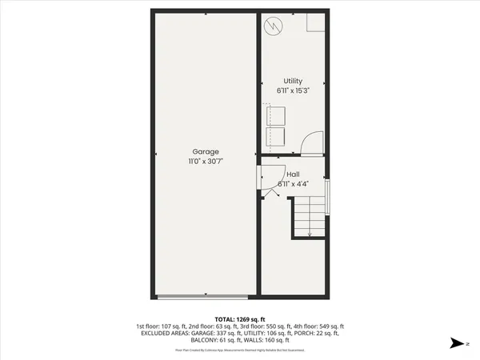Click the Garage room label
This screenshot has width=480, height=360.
[x=205, y=151]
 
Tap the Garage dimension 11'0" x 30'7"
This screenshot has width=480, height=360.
[x=205, y=161]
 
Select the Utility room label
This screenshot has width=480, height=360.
[x=293, y=81]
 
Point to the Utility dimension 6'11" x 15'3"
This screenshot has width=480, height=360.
[x=293, y=90]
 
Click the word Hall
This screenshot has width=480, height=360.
[x=293, y=174]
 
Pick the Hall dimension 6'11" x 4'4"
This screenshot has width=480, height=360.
[x=293, y=183]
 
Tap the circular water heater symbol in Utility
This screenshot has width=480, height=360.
[x=274, y=26]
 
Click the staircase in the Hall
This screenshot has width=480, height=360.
[x=310, y=218]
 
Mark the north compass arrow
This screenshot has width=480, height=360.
[x=455, y=342]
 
